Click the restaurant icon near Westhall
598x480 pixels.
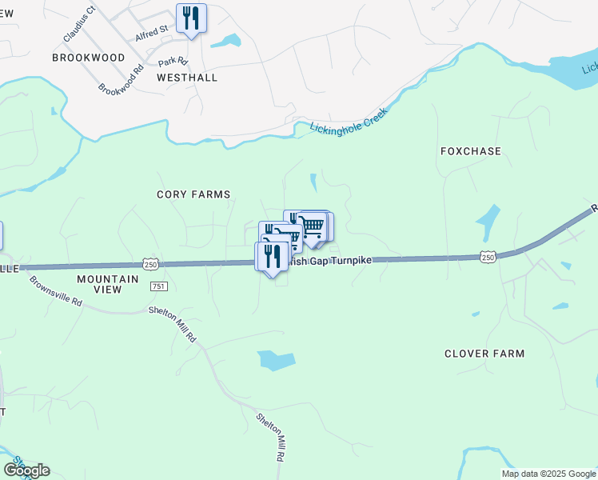point(191,18)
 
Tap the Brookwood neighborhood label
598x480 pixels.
point(89,58)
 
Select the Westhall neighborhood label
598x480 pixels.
point(187,78)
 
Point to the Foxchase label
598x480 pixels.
point(471,151)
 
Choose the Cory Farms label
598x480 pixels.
point(193,194)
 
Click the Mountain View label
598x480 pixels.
point(107,284)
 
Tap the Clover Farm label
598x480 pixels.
point(484,354)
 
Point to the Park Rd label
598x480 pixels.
point(172,62)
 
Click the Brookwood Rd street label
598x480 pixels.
point(121,80)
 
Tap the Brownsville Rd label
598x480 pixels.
point(56,292)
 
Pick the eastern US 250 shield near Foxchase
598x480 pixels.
point(489,256)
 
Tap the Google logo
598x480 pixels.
point(26,470)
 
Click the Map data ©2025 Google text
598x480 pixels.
point(548,474)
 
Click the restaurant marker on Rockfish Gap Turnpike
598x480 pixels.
point(272,256)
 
